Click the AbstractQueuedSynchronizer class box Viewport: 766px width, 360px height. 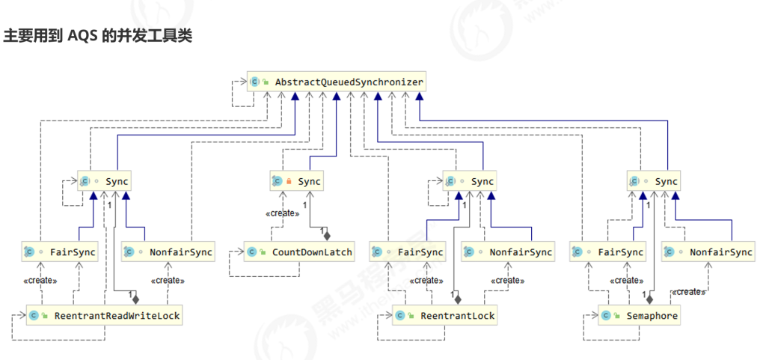[x=337, y=82]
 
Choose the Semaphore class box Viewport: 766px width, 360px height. [x=640, y=316]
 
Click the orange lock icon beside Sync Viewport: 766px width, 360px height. [x=288, y=181]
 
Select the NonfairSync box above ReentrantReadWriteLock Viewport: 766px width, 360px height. [x=168, y=252]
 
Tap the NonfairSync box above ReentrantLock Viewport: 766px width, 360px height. [x=508, y=252]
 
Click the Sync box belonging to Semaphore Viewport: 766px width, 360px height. [x=655, y=181]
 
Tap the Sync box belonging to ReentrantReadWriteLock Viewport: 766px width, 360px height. [x=105, y=181]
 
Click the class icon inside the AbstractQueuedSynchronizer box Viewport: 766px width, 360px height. [x=255, y=82]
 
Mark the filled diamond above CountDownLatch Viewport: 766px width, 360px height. [x=327, y=235]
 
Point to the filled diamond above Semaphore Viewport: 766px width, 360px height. [x=649, y=299]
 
